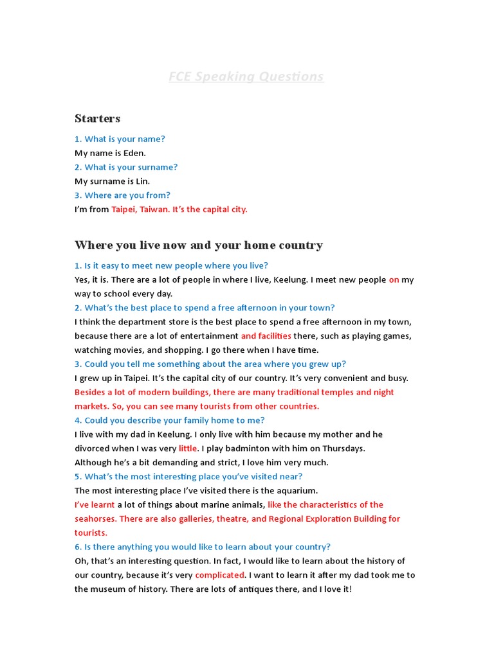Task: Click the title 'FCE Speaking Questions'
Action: [x=246, y=76]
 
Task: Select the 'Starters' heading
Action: [x=98, y=118]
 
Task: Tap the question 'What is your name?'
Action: [x=120, y=139]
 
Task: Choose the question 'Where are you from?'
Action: [x=122, y=195]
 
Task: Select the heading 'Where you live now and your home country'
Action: [x=199, y=245]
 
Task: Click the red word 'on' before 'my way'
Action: [x=394, y=280]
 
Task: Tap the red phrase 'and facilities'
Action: [x=266, y=336]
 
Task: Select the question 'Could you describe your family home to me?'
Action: [x=170, y=420]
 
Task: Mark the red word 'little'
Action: [x=188, y=449]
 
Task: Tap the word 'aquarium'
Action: [x=298, y=491]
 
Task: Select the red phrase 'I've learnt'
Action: [x=95, y=505]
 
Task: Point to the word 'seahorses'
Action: [x=95, y=519]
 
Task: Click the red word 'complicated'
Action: [x=219, y=575]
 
